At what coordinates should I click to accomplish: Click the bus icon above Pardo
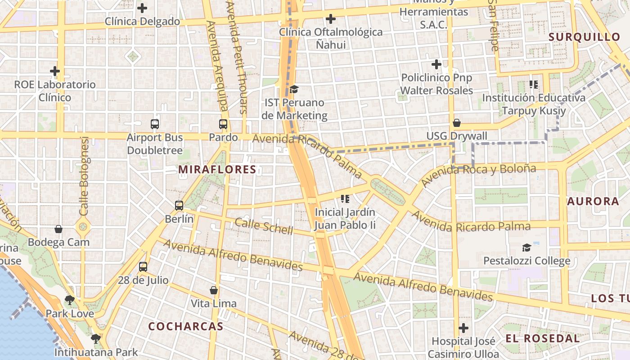(x=223, y=124)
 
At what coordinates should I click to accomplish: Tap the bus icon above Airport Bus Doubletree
(x=155, y=124)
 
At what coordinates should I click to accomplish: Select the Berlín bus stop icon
(x=179, y=206)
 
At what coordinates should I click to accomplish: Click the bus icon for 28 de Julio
(x=143, y=266)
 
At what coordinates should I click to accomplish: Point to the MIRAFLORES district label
(x=217, y=170)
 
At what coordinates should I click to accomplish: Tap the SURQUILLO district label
(x=585, y=37)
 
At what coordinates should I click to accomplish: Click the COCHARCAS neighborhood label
(x=186, y=326)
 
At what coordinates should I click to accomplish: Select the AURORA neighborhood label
(x=593, y=201)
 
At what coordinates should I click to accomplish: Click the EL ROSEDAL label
(x=542, y=338)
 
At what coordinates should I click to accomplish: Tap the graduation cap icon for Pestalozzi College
(x=526, y=247)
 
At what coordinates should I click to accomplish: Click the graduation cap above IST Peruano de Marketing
(x=294, y=89)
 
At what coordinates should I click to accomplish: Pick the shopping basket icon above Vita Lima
(x=214, y=290)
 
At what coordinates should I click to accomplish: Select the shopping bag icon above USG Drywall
(x=457, y=123)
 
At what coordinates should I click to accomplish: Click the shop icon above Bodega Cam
(x=58, y=229)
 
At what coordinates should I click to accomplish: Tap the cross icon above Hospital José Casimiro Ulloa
(x=463, y=328)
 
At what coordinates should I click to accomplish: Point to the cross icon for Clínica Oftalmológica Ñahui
(x=331, y=19)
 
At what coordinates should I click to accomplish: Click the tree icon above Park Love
(x=70, y=300)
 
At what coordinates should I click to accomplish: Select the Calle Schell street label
(x=264, y=226)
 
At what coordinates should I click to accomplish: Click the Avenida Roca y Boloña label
(x=479, y=175)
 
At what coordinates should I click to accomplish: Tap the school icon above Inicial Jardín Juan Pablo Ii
(x=345, y=198)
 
